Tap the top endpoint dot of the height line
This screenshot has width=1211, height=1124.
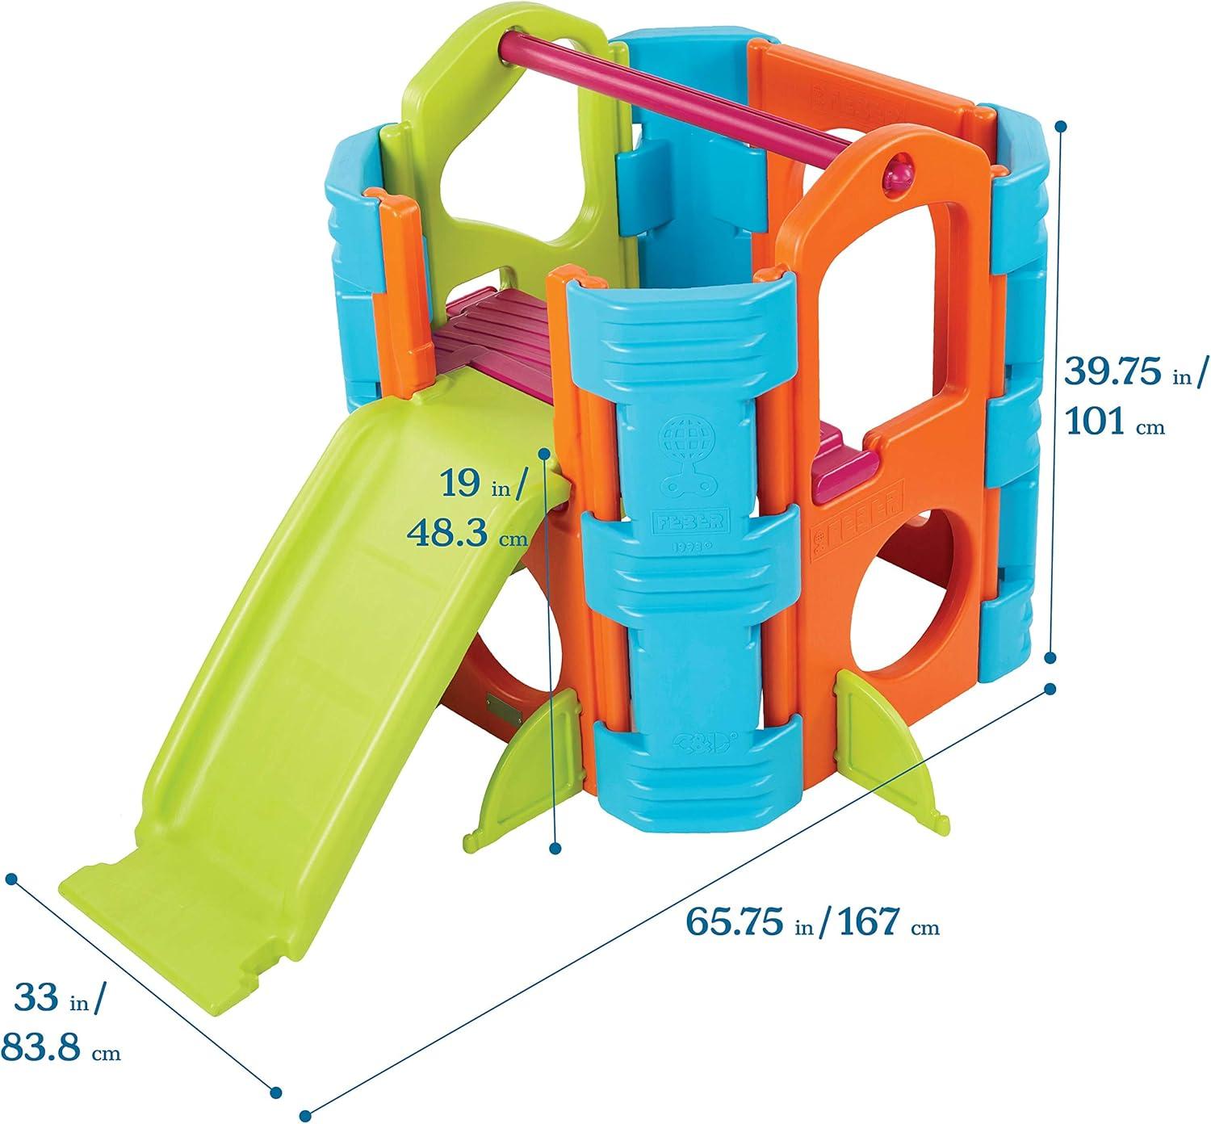[x=1062, y=127]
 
